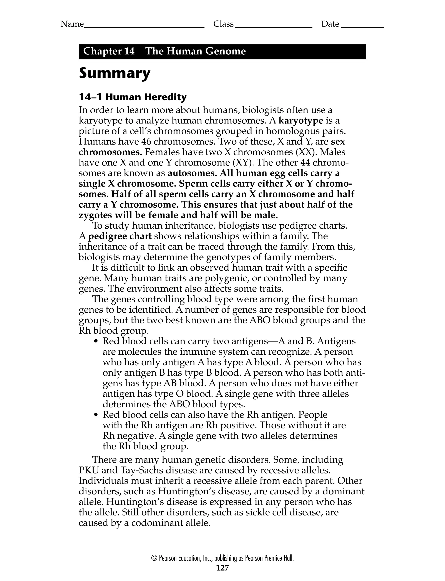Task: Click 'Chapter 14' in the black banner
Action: point(109,51)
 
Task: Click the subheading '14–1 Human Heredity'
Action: point(133,97)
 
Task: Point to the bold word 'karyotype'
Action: point(301,121)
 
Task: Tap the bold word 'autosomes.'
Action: point(193,173)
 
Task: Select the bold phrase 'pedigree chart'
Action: point(120,236)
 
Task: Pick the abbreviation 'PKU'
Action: point(89,470)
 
